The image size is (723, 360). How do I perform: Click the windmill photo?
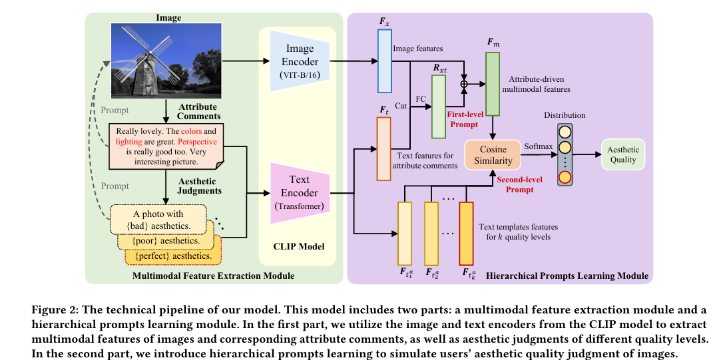166,59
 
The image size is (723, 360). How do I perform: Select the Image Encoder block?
301,61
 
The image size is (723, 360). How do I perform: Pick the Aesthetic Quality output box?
623,154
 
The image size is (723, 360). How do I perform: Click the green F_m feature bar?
493,85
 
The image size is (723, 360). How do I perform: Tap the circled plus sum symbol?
465,83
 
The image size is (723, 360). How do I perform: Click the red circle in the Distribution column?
565,176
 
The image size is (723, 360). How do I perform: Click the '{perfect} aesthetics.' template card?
173,256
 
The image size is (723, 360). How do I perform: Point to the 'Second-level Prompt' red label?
520,184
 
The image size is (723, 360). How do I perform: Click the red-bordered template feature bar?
466,233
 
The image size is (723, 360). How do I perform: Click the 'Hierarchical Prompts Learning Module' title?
567,275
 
